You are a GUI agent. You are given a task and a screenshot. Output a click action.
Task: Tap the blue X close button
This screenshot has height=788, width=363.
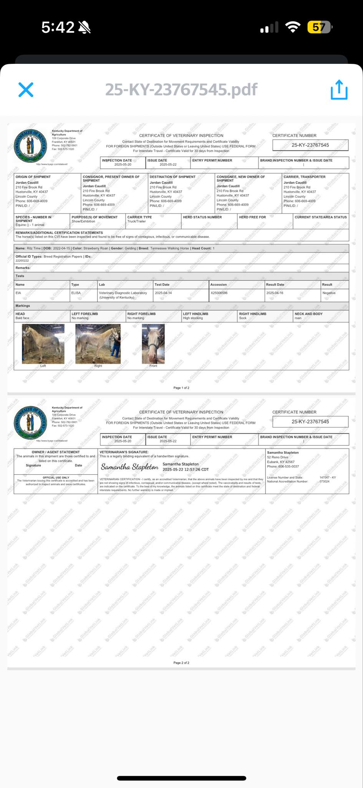coord(26,90)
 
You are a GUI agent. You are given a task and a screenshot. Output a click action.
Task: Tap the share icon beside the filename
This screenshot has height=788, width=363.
coord(339,90)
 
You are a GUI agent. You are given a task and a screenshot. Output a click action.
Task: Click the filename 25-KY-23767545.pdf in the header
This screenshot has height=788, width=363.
coord(181,90)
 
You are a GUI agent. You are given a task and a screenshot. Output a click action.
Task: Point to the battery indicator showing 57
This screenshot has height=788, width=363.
coord(319,27)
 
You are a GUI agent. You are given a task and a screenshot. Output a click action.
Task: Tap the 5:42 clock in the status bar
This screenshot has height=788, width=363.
coord(58,27)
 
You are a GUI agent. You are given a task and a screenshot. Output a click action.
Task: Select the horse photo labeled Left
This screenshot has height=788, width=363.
coord(43,344)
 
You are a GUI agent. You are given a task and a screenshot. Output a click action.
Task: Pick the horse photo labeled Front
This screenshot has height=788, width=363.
coord(153,344)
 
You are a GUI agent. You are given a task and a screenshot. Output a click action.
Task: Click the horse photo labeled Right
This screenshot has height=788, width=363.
coord(98,344)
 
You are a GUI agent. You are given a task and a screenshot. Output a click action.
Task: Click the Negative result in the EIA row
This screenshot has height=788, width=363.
coord(329,293)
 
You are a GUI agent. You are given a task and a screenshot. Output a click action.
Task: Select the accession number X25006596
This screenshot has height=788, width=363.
coord(219,293)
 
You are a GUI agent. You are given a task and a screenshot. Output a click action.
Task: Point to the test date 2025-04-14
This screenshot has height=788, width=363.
coord(163,293)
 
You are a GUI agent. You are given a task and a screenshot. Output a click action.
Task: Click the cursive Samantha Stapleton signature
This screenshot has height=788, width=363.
coord(129,467)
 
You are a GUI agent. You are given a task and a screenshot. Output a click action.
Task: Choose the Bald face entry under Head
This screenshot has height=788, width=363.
coord(22,318)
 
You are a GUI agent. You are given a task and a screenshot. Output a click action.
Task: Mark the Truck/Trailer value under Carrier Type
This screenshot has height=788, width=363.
coord(137,221)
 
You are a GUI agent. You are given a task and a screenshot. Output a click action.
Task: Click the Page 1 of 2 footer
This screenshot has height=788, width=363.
coord(181,388)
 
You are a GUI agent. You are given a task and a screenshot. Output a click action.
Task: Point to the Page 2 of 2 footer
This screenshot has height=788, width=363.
coord(181,663)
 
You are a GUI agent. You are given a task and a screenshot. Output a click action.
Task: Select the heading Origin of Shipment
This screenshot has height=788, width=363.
coord(33,177)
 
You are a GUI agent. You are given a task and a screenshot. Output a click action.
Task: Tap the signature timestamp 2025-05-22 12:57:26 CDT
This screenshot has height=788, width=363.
coord(186,469)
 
